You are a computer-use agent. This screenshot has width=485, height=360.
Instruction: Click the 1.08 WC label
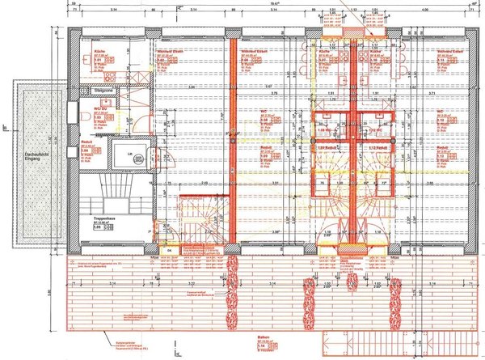click(x=323, y=129)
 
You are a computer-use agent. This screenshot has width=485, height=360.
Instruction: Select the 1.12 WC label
click(x=374, y=129)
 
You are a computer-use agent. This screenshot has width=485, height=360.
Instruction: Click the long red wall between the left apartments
click(x=232, y=138)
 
